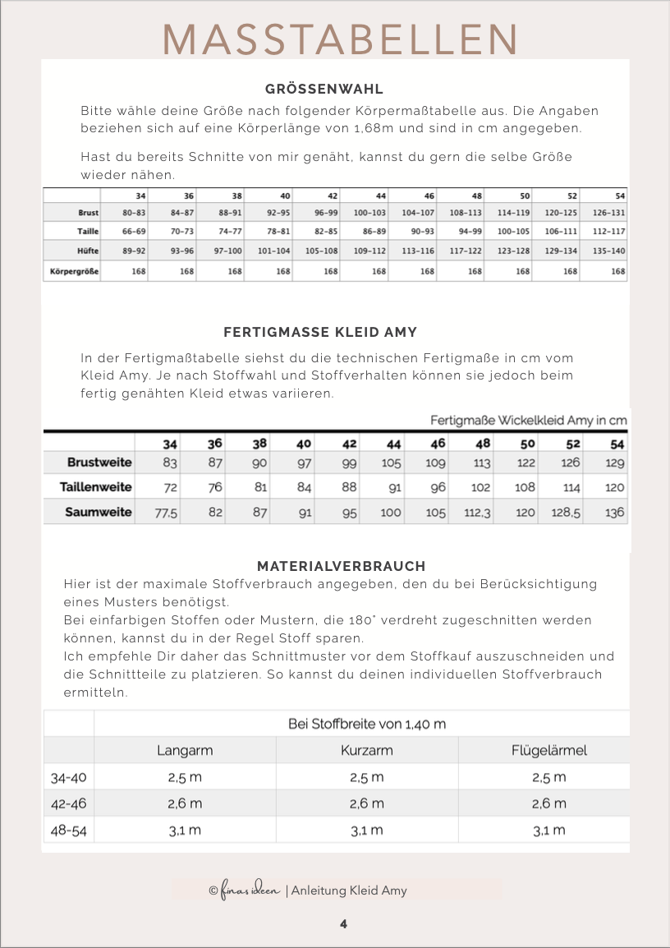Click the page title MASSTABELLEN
(x=340, y=39)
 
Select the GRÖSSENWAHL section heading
(x=324, y=89)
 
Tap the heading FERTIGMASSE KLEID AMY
(x=320, y=333)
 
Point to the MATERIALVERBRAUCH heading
(x=341, y=567)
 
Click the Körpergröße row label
(x=73, y=271)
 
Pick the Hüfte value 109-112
(x=379, y=251)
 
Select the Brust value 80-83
(x=123, y=213)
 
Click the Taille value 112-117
(x=608, y=232)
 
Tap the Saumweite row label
(x=99, y=512)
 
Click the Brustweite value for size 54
(x=615, y=462)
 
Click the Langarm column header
(x=185, y=750)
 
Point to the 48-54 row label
(x=68, y=830)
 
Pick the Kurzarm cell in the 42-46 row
(x=366, y=803)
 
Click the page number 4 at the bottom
(x=343, y=924)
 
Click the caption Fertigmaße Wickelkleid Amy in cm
(x=529, y=420)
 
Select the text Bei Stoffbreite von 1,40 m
(x=367, y=724)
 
